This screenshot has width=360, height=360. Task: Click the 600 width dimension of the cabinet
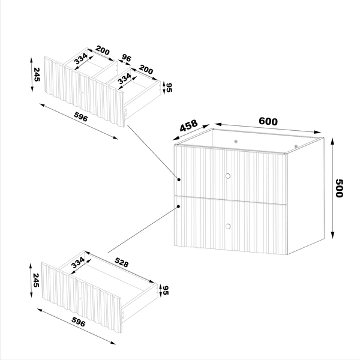268,121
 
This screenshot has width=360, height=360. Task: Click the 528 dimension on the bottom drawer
124,262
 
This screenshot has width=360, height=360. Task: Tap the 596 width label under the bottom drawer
79,323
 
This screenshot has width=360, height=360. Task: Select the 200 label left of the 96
102,52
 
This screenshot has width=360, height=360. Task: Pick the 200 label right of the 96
146,70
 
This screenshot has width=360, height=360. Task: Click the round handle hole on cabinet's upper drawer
227,175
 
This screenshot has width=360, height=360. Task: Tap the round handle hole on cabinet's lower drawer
227,226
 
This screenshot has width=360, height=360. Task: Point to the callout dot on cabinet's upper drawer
179,179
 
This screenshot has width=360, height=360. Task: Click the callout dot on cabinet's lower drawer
179,206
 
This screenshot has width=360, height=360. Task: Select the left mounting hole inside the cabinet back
235,141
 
